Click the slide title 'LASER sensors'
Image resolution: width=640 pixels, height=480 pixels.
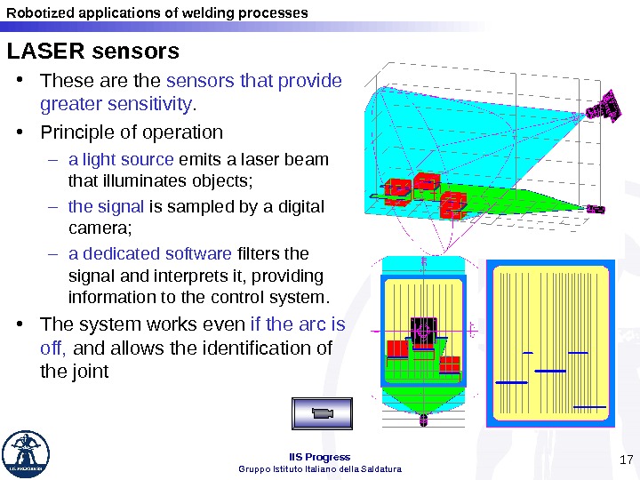click(x=93, y=51)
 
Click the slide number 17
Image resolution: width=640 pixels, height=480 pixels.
click(x=625, y=460)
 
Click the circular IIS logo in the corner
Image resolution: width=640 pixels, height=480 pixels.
click(x=26, y=454)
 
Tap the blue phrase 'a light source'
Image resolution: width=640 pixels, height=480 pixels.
click(x=121, y=160)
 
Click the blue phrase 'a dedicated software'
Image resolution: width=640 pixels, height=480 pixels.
click(x=149, y=253)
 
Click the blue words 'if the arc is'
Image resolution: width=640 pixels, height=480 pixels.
click(x=298, y=324)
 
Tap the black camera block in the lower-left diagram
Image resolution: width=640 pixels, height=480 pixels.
click(x=423, y=327)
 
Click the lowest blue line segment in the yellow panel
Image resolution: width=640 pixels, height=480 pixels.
click(x=590, y=407)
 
